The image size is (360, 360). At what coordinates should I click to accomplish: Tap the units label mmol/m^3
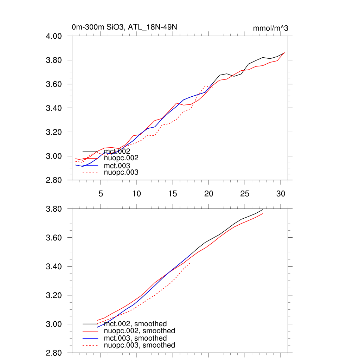[270, 28]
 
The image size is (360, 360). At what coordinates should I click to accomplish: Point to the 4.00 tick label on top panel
[54, 36]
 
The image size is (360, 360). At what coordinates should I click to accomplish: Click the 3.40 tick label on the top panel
[54, 108]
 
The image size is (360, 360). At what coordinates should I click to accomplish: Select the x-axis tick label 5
[101, 193]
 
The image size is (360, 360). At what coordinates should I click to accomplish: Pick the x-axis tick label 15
[173, 193]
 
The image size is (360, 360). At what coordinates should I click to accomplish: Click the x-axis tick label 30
[281, 193]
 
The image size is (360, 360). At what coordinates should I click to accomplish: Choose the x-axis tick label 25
[245, 193]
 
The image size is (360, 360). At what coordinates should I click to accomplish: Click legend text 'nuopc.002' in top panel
[121, 158]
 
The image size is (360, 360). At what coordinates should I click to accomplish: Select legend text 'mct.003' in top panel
[117, 166]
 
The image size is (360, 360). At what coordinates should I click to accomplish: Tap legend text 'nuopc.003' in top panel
[121, 173]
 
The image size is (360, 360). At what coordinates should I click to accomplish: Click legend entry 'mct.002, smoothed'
[135, 324]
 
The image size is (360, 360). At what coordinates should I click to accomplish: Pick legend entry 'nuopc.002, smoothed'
[139, 331]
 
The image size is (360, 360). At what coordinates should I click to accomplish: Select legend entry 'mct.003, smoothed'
[135, 338]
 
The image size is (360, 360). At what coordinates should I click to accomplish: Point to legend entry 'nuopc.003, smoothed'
[139, 345]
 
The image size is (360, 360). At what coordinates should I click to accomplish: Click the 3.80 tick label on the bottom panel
[54, 209]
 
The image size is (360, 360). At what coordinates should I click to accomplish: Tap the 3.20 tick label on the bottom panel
[54, 295]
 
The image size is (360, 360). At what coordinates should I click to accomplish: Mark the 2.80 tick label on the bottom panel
[54, 353]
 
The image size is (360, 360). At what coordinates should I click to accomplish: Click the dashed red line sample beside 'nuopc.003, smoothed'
[90, 345]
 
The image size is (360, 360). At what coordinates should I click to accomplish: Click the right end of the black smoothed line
[263, 210]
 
